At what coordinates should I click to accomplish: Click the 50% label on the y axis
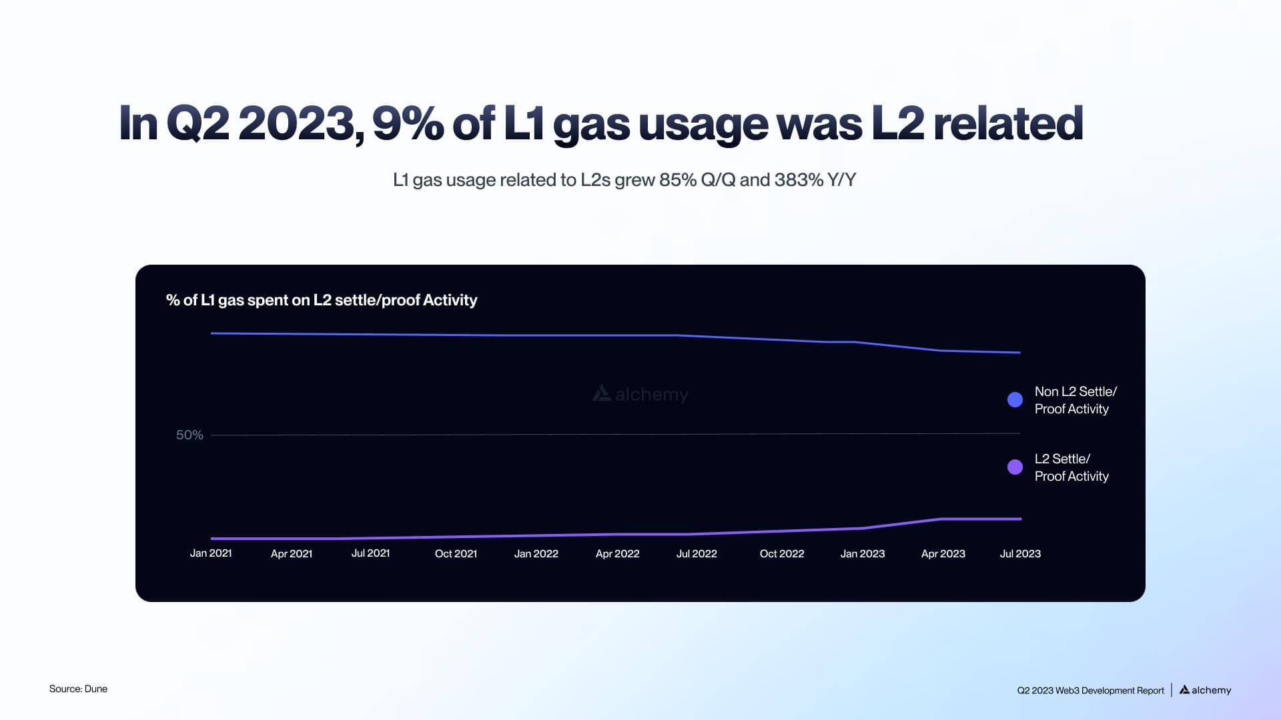tap(189, 435)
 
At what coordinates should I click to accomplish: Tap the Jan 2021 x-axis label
tap(211, 553)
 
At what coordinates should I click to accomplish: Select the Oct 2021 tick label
tap(456, 553)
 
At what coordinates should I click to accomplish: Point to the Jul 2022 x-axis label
tap(697, 553)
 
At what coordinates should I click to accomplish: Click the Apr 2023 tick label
tap(943, 553)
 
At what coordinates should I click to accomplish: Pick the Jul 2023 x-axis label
tap(1019, 553)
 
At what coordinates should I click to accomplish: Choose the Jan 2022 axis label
tap(536, 553)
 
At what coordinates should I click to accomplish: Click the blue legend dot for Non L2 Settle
tap(1015, 399)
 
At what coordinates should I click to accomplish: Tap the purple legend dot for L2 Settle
tap(1015, 467)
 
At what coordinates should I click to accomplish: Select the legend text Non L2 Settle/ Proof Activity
tap(1075, 400)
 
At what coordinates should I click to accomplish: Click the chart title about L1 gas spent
tap(322, 300)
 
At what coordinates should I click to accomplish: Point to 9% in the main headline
tap(407, 123)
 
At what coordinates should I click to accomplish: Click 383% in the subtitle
tap(799, 180)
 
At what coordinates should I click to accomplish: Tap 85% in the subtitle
tap(677, 180)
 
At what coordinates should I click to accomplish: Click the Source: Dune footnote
tap(78, 689)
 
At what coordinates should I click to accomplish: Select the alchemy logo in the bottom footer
tap(1205, 690)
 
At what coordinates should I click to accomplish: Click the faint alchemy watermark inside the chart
tap(640, 394)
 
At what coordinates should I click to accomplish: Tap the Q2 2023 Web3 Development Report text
tap(1090, 691)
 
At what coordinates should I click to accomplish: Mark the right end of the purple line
tap(1021, 519)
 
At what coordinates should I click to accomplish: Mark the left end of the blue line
tap(212, 333)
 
